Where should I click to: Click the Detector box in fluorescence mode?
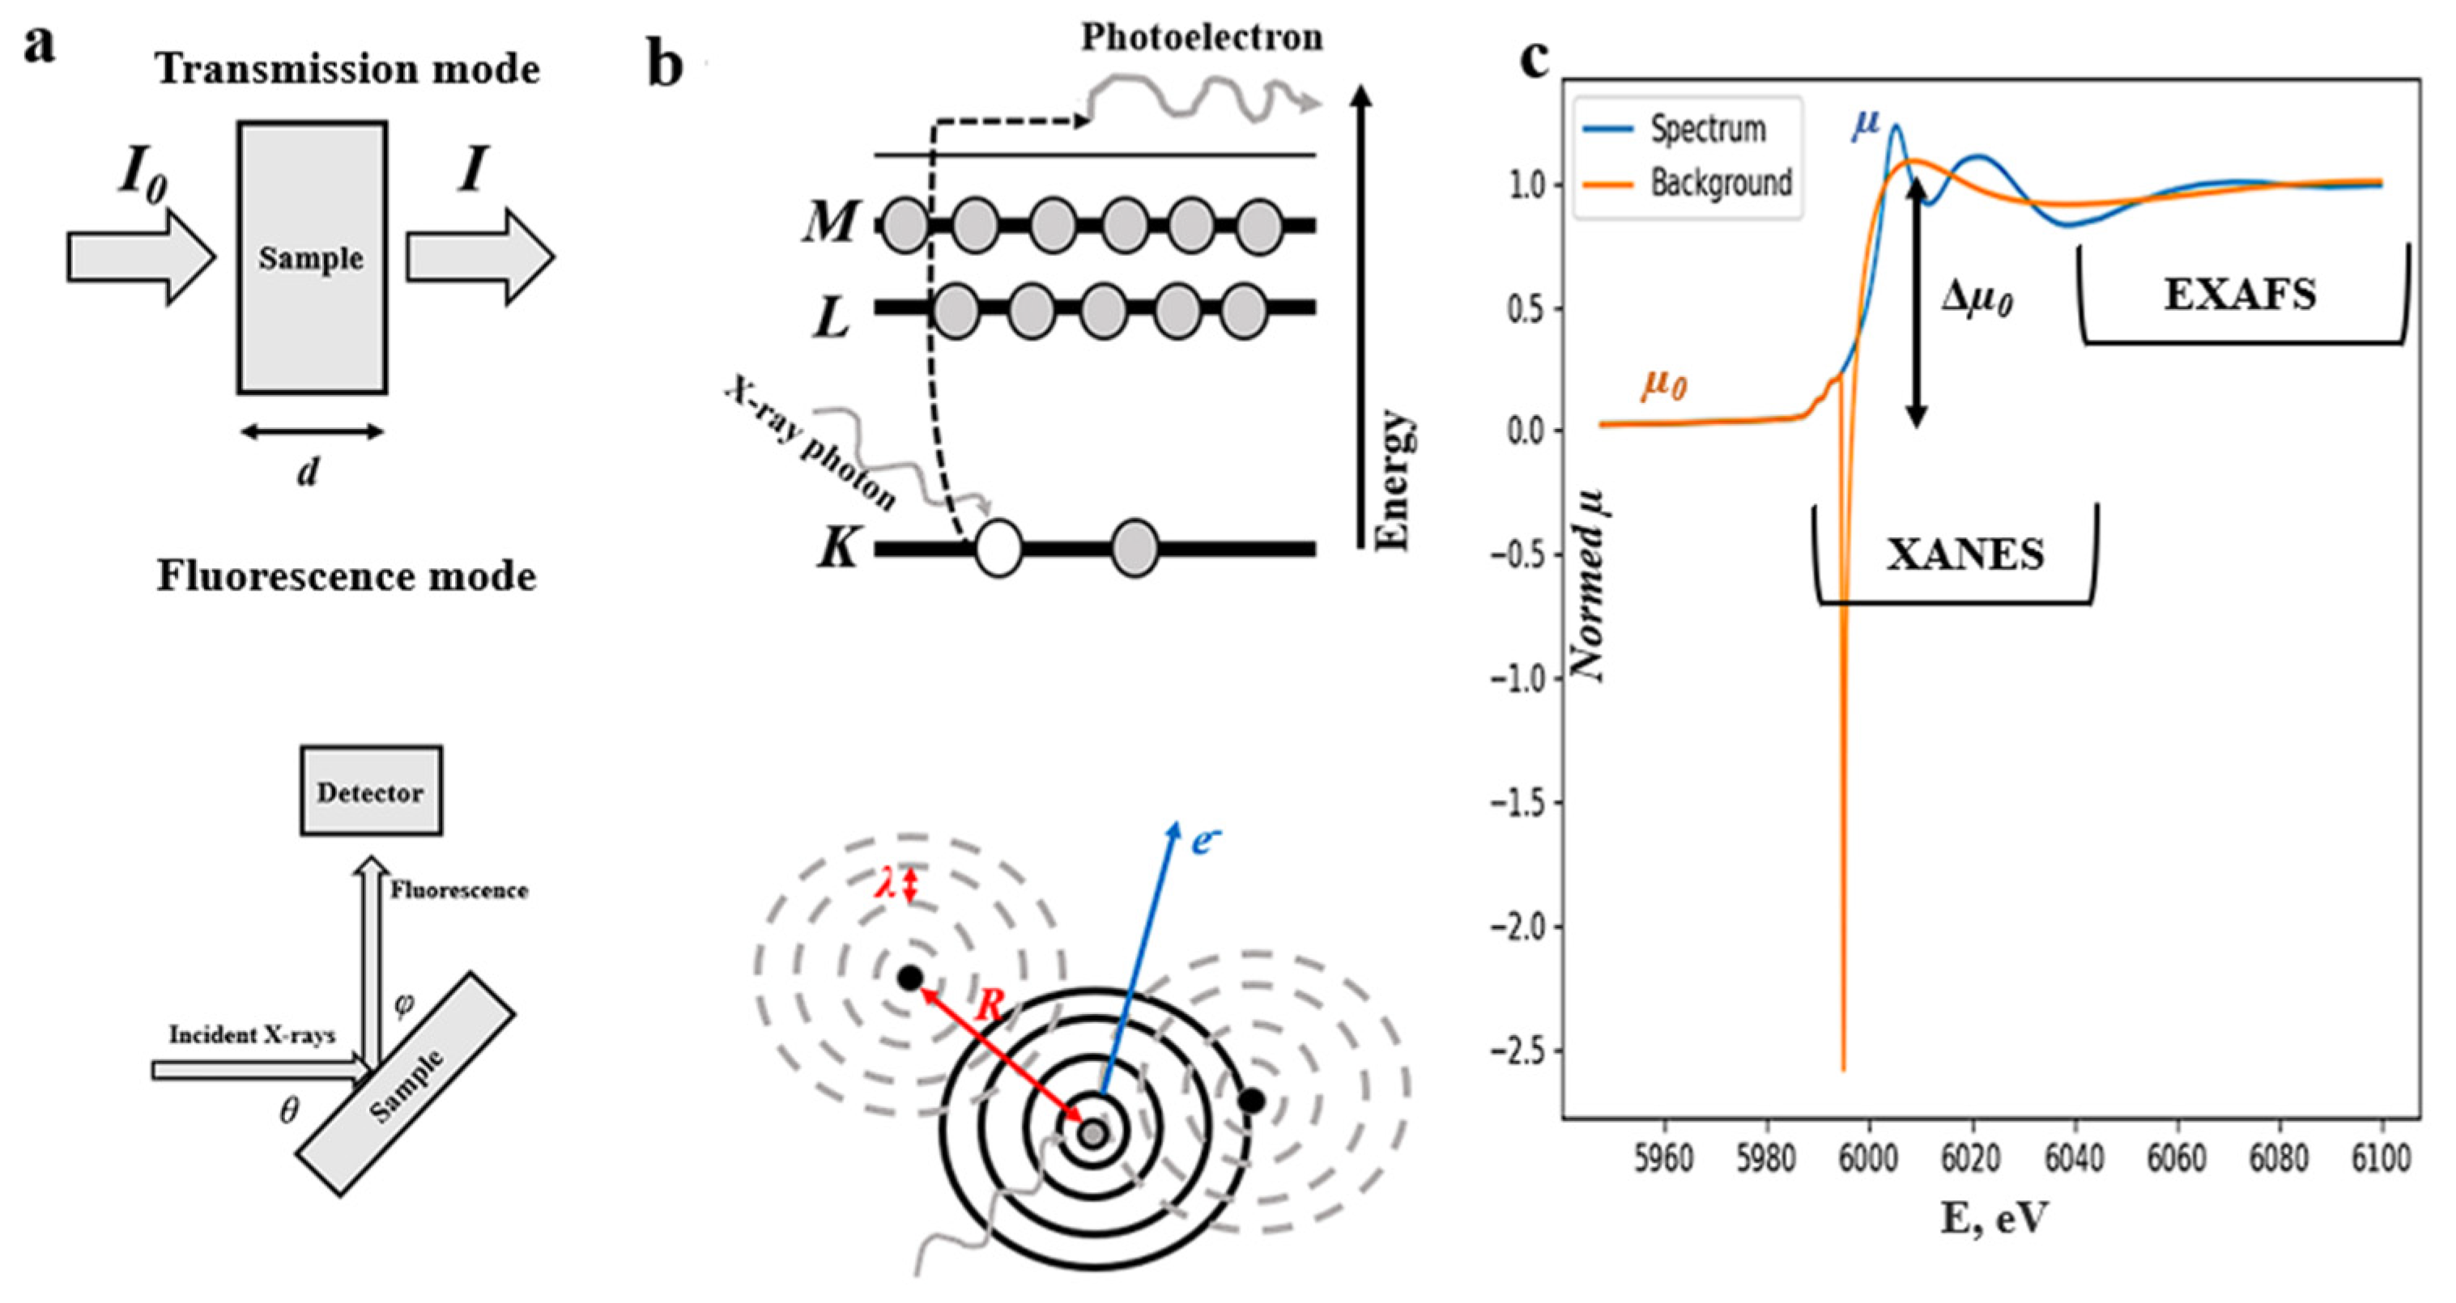(371, 792)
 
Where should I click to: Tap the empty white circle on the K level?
(998, 549)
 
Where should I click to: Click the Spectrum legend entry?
(1708, 129)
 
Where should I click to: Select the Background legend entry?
(1721, 182)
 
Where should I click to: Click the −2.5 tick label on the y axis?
(1523, 1051)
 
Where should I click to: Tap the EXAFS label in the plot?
(2240, 295)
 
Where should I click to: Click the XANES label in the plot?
(1965, 554)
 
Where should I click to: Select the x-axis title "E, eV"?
(1994, 1218)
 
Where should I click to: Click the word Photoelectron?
(1202, 37)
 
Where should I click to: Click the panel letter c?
(1534, 59)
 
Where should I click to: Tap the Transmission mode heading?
(348, 69)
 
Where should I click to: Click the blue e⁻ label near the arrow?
(1206, 841)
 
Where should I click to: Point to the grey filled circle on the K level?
(1134, 549)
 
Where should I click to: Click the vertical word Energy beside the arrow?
(1394, 481)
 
